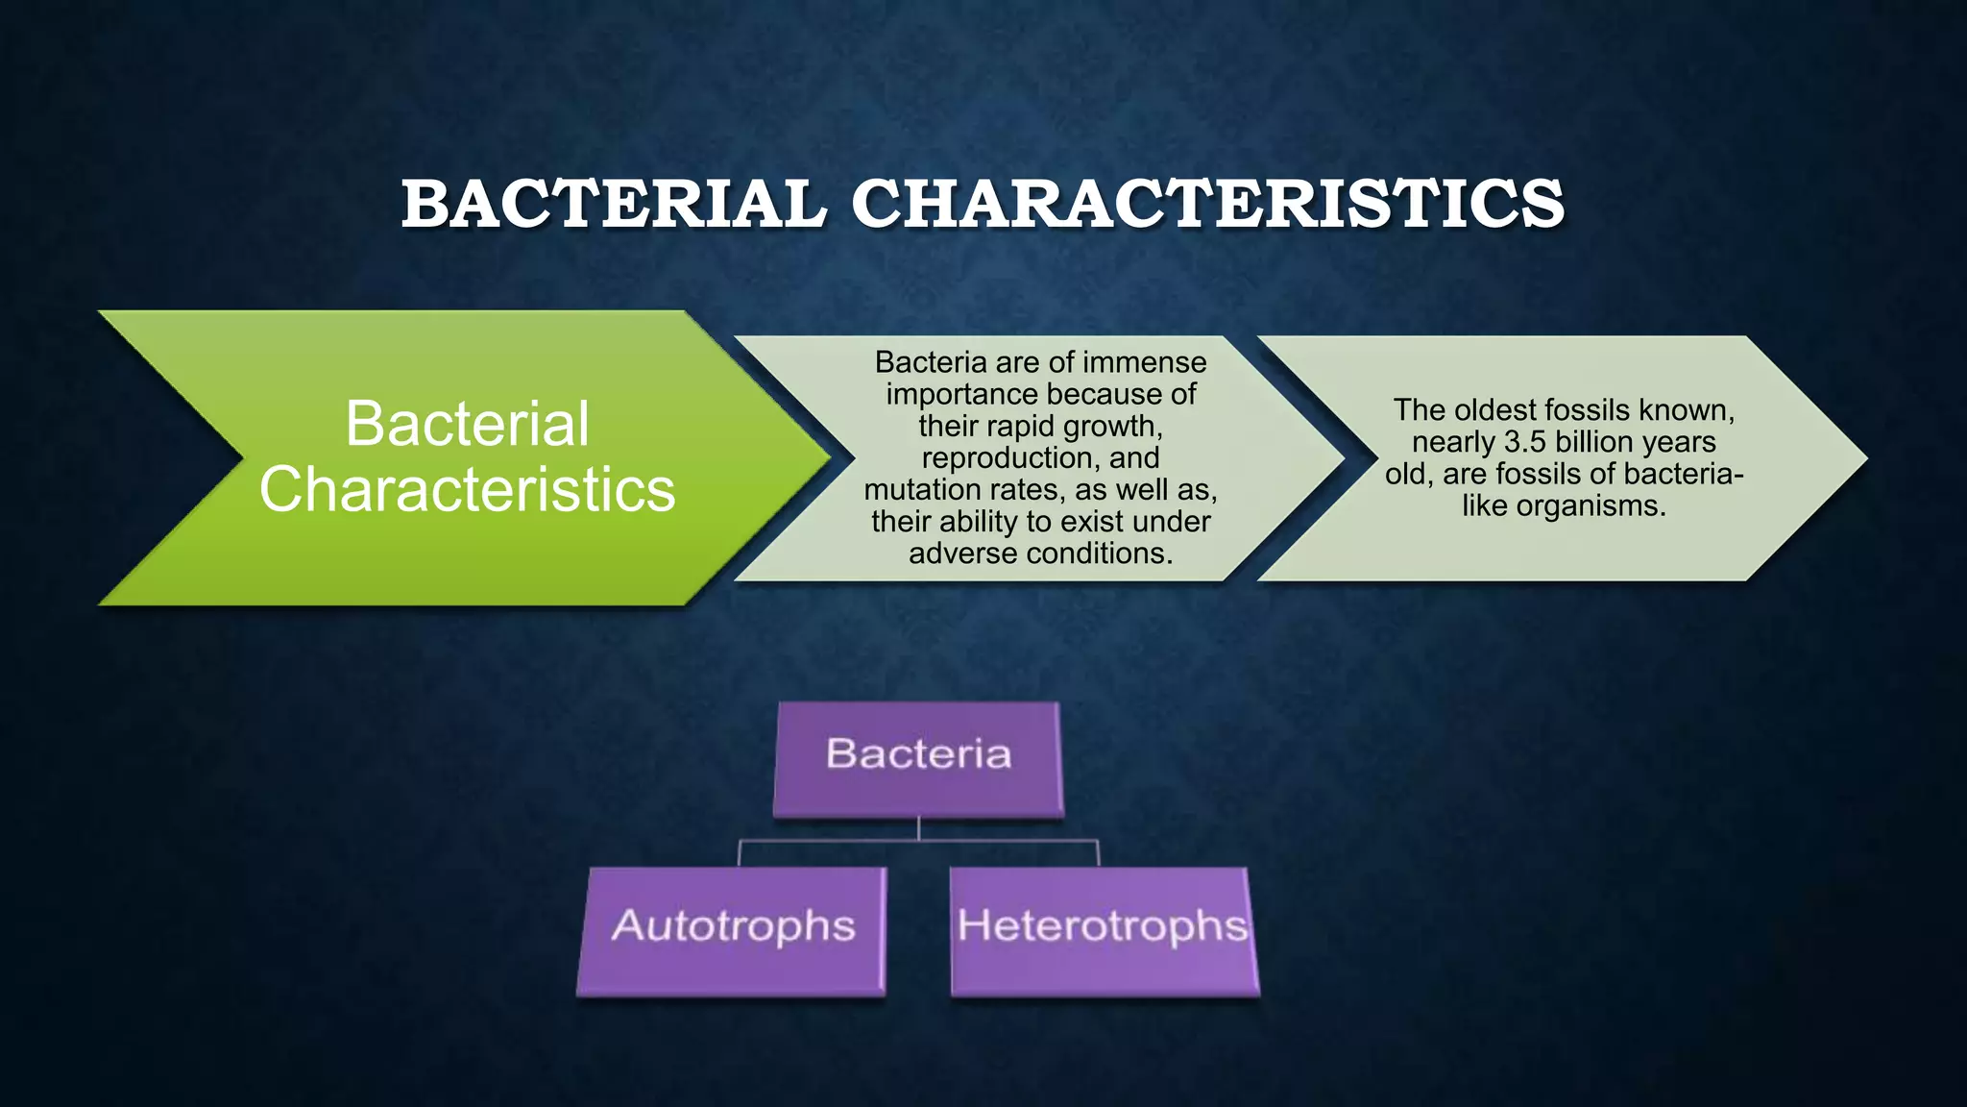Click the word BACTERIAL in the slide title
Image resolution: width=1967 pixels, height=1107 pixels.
(x=613, y=204)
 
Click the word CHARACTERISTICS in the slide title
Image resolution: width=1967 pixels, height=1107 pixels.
(x=1207, y=204)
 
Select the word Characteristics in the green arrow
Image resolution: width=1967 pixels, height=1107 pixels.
(x=467, y=489)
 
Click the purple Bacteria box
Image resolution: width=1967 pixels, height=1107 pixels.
(x=918, y=759)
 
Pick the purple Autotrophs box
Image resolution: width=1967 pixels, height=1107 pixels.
(x=732, y=930)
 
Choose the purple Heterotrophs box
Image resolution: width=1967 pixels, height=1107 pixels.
(x=1103, y=930)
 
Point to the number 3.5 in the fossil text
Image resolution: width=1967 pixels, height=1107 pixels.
(x=1525, y=442)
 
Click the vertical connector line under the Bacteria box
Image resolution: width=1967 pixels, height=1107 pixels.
(x=919, y=827)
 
